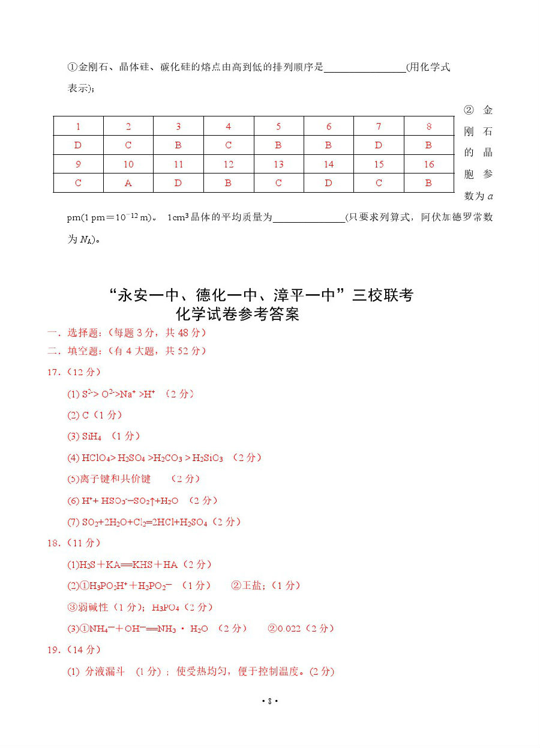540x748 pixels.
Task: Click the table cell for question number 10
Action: click(128, 164)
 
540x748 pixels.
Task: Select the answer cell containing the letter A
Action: click(128, 183)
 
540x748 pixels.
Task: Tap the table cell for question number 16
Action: click(428, 164)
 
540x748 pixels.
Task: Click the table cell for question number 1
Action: click(78, 127)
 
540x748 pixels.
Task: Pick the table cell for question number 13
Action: click(278, 164)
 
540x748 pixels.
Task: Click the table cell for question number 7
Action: click(379, 127)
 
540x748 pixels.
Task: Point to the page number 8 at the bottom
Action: click(270, 701)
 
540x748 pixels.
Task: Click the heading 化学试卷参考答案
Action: click(237, 314)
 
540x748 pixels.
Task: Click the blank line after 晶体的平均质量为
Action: click(308, 217)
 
